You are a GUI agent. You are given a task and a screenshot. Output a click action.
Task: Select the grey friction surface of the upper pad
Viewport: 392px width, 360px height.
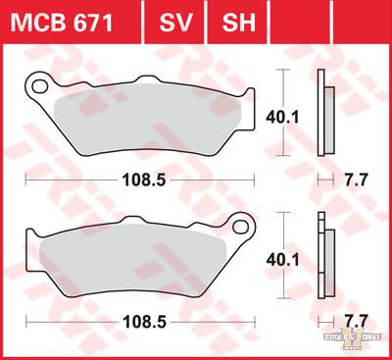pos(147,123)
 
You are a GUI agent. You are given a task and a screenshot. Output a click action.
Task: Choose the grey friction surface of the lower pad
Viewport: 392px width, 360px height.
pos(137,260)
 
